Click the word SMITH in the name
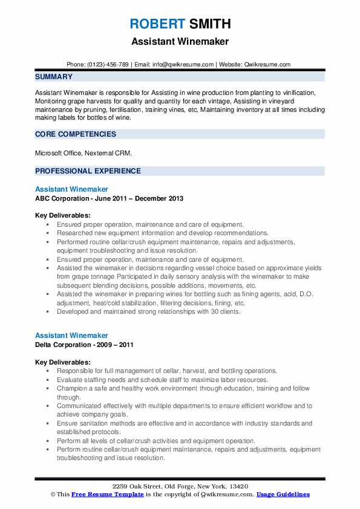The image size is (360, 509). tap(209, 24)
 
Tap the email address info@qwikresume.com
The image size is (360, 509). tap(184, 64)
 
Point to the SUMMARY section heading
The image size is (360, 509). tap(54, 77)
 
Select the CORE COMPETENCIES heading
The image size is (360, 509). tap(76, 134)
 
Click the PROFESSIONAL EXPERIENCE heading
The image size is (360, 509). tap(88, 171)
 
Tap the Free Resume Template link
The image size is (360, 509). tap(101, 494)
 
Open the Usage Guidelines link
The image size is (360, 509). tap(283, 494)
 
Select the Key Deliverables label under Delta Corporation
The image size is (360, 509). tap(63, 362)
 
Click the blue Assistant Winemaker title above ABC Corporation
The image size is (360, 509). tap(71, 189)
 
